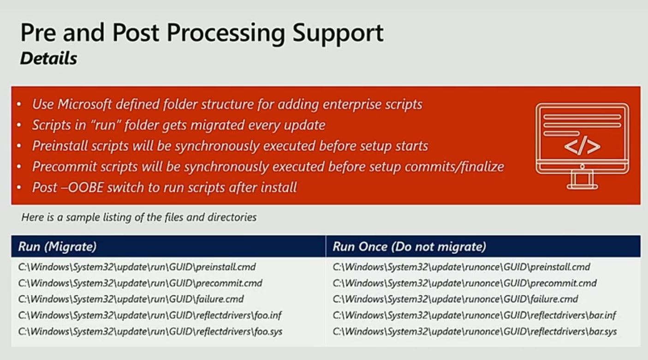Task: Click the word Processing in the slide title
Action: pos(226,34)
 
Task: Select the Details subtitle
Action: pos(48,58)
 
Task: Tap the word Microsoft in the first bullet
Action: pos(84,104)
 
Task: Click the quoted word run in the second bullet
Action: pos(106,125)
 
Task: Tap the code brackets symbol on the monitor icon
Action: pos(582,146)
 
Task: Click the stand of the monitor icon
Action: pos(582,180)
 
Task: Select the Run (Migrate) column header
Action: pos(57,246)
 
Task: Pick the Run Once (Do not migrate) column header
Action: pos(409,246)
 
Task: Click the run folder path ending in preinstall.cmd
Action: pos(137,267)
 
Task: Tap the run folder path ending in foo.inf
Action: pos(149,315)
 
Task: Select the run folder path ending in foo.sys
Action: pos(150,331)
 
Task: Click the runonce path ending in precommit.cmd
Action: pos(464,283)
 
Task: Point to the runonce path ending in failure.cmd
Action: pos(455,299)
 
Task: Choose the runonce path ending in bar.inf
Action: pos(475,315)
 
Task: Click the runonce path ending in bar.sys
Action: pos(475,331)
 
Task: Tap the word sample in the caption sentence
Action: pos(83,217)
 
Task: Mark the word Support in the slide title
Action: pos(338,34)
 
